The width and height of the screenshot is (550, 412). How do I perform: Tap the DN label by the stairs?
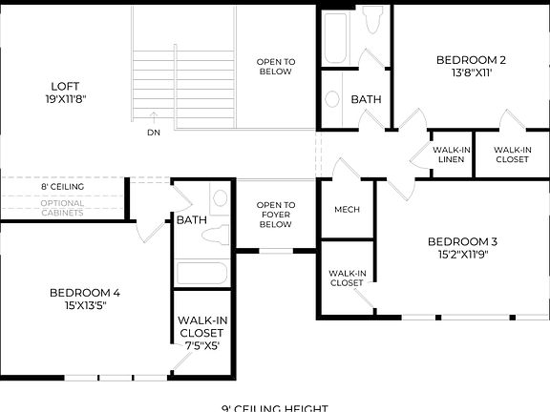[153, 132]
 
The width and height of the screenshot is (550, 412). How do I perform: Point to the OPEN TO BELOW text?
[276, 67]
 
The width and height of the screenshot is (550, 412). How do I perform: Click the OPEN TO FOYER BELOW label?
[276, 215]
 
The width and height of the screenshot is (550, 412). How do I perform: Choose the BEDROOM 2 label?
[471, 60]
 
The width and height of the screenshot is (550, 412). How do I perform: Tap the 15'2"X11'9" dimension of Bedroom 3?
[461, 255]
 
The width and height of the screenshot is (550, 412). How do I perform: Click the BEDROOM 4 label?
[85, 293]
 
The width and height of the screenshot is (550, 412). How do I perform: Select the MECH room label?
[346, 210]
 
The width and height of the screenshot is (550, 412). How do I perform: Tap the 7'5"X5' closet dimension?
[201, 346]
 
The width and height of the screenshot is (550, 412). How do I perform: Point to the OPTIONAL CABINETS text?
[62, 208]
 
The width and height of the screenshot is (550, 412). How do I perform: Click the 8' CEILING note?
[62, 187]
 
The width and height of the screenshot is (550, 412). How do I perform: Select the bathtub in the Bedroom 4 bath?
[201, 273]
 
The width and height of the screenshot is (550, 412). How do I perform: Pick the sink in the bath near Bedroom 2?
[332, 98]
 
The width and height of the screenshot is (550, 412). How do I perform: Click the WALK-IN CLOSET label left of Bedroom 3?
[347, 278]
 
